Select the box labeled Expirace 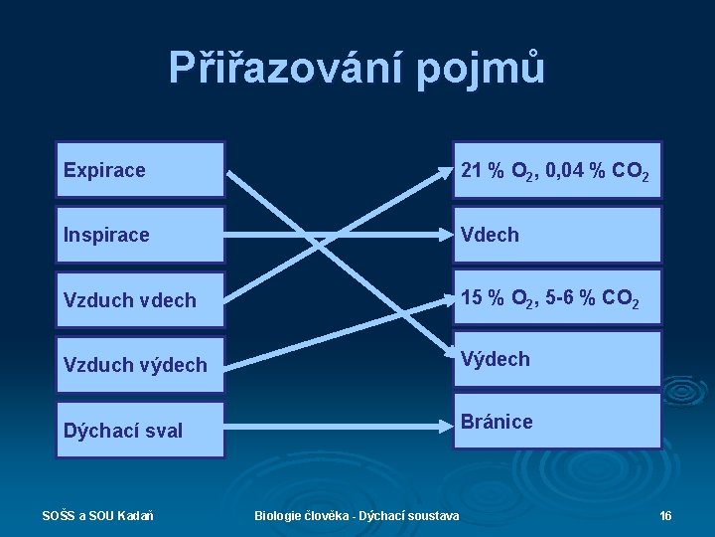(x=140, y=170)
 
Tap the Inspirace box (x=140, y=235)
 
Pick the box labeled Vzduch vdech (x=140, y=299)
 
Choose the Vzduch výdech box (x=140, y=364)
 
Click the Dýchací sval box (x=140, y=430)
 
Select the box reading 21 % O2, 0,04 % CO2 (x=557, y=171)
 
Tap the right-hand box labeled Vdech (x=557, y=235)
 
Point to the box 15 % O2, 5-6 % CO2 (x=557, y=298)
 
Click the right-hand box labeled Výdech (x=557, y=358)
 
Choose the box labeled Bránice (x=557, y=422)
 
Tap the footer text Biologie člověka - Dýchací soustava (x=357, y=515)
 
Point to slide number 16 (x=665, y=515)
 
